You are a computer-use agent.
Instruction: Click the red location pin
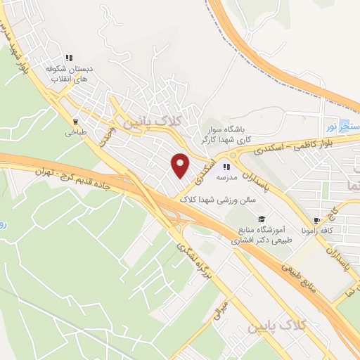click(180, 164)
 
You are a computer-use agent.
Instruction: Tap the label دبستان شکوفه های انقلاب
click(68, 75)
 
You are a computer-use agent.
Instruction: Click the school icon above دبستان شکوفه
click(69, 58)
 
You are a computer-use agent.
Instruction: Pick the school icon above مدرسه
click(226, 167)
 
